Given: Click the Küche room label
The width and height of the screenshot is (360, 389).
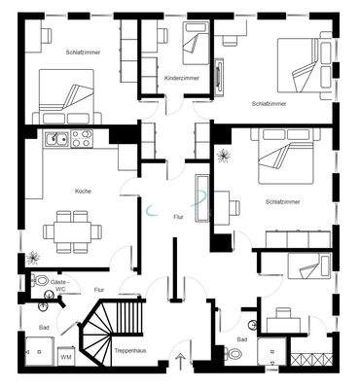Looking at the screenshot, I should [83, 192].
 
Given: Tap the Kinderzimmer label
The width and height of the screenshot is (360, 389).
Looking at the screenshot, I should [182, 78].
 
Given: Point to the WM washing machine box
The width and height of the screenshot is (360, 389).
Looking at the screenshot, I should [65, 358].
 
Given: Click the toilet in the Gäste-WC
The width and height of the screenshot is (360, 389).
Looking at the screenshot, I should [41, 280].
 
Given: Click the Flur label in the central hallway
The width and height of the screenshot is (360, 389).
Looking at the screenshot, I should [178, 216].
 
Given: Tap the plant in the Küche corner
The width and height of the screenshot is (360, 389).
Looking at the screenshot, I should [32, 258].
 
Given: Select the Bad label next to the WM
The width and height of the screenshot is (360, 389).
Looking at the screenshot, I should [43, 329].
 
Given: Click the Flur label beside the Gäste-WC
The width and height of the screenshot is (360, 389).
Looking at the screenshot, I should [98, 289].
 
